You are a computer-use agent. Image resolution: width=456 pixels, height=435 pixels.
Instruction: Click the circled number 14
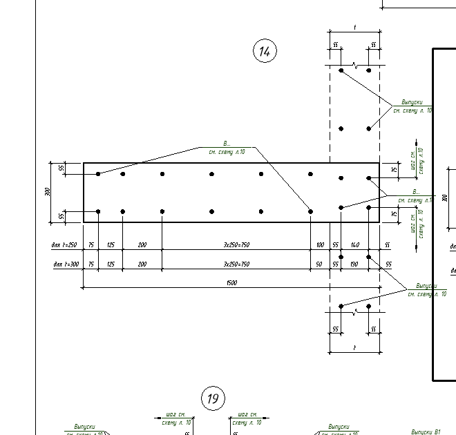coord(265,51)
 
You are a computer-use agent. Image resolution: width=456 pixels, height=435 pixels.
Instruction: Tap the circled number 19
coord(213,398)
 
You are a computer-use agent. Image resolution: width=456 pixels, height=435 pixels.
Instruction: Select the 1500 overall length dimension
coord(231,283)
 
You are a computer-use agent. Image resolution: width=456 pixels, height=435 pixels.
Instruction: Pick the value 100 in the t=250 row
coord(320,245)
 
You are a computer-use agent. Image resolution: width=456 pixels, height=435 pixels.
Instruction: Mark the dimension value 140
coord(355,245)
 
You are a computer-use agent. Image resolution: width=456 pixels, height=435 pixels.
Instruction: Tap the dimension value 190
coord(355,264)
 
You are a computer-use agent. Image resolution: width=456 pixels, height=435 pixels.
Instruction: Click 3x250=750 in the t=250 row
coord(236,245)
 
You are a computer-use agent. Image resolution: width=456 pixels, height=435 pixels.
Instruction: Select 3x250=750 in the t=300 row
coord(236,264)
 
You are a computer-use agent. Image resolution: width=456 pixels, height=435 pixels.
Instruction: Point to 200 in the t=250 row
coord(142,245)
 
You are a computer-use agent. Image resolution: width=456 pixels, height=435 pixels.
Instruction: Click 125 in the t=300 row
coord(111,264)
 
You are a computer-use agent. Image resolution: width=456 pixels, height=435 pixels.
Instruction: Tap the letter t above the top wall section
coord(355,27)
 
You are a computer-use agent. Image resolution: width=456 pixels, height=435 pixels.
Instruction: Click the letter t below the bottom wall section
coord(355,348)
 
